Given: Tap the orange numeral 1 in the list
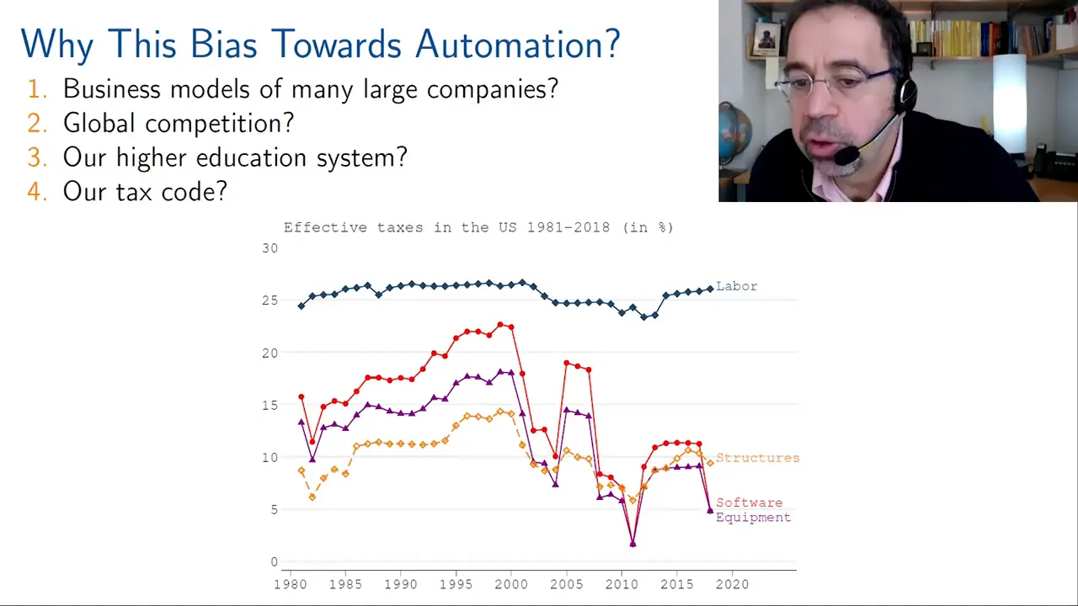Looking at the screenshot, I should pyautogui.click(x=35, y=89).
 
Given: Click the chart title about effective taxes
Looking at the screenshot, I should pyautogui.click(x=478, y=227).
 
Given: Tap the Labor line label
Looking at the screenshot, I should pyautogui.click(x=736, y=286).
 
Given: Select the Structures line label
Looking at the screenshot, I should pyautogui.click(x=757, y=458).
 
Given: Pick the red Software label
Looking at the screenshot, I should pyautogui.click(x=749, y=502).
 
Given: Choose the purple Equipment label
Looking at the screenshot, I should pyautogui.click(x=753, y=518).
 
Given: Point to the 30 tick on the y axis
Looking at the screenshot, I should pyautogui.click(x=269, y=248).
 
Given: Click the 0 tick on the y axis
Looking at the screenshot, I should pyautogui.click(x=274, y=562).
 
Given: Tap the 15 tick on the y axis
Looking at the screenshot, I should pyautogui.click(x=269, y=405).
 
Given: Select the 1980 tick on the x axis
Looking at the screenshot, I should pyautogui.click(x=291, y=584).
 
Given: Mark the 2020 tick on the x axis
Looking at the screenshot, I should pyautogui.click(x=732, y=584).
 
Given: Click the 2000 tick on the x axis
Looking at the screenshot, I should pyautogui.click(x=511, y=584).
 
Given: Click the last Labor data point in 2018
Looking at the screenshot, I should pyautogui.click(x=710, y=289).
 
